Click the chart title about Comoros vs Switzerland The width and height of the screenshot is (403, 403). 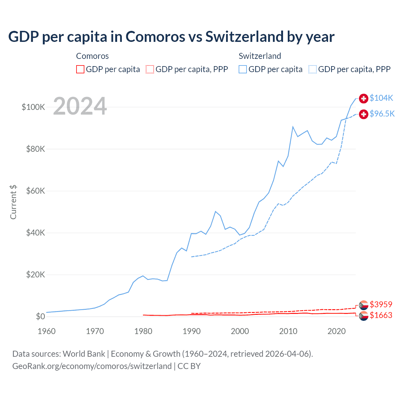click(171, 37)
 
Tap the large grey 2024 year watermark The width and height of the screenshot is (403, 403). click(80, 106)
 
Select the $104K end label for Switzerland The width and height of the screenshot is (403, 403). click(381, 98)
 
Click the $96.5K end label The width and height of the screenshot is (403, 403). click(382, 114)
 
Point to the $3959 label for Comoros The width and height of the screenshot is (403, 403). click(381, 304)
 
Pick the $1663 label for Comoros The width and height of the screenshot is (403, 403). click(381, 315)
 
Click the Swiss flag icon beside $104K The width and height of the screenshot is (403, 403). click(364, 99)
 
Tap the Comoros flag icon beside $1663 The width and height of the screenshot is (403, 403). click(364, 316)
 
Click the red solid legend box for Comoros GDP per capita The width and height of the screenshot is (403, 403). click(80, 69)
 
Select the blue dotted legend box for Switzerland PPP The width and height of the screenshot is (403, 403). click(313, 69)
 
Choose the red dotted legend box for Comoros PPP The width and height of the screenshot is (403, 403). click(150, 69)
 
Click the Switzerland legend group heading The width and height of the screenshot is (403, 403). click(260, 56)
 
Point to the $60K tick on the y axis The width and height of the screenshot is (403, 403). click(36, 191)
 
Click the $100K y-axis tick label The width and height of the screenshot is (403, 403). click(33, 107)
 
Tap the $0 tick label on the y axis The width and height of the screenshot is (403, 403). click(40, 316)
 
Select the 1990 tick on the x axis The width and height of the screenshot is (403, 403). click(191, 331)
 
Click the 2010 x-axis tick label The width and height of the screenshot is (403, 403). click(288, 331)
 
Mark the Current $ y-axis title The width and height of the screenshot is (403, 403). click(13, 202)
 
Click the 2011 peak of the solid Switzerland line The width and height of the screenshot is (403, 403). click(293, 127)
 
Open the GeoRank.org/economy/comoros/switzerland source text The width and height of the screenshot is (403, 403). click(92, 366)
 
